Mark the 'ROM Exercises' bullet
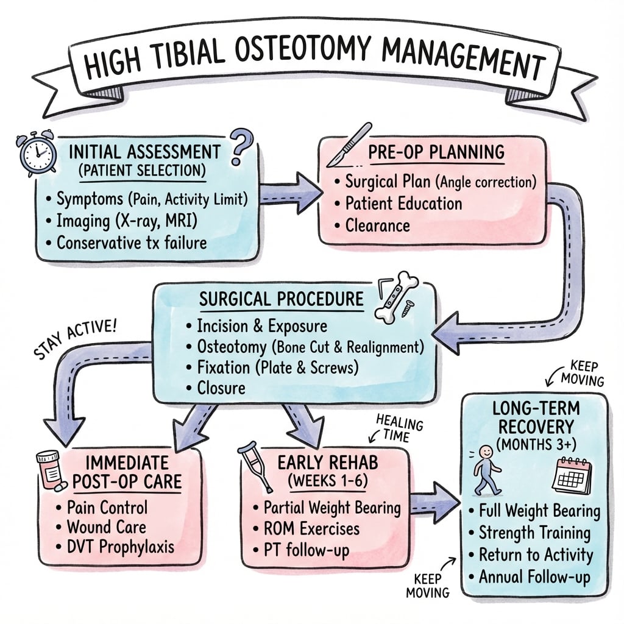[311, 528]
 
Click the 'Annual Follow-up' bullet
[534, 576]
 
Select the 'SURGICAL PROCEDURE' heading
[282, 300]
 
